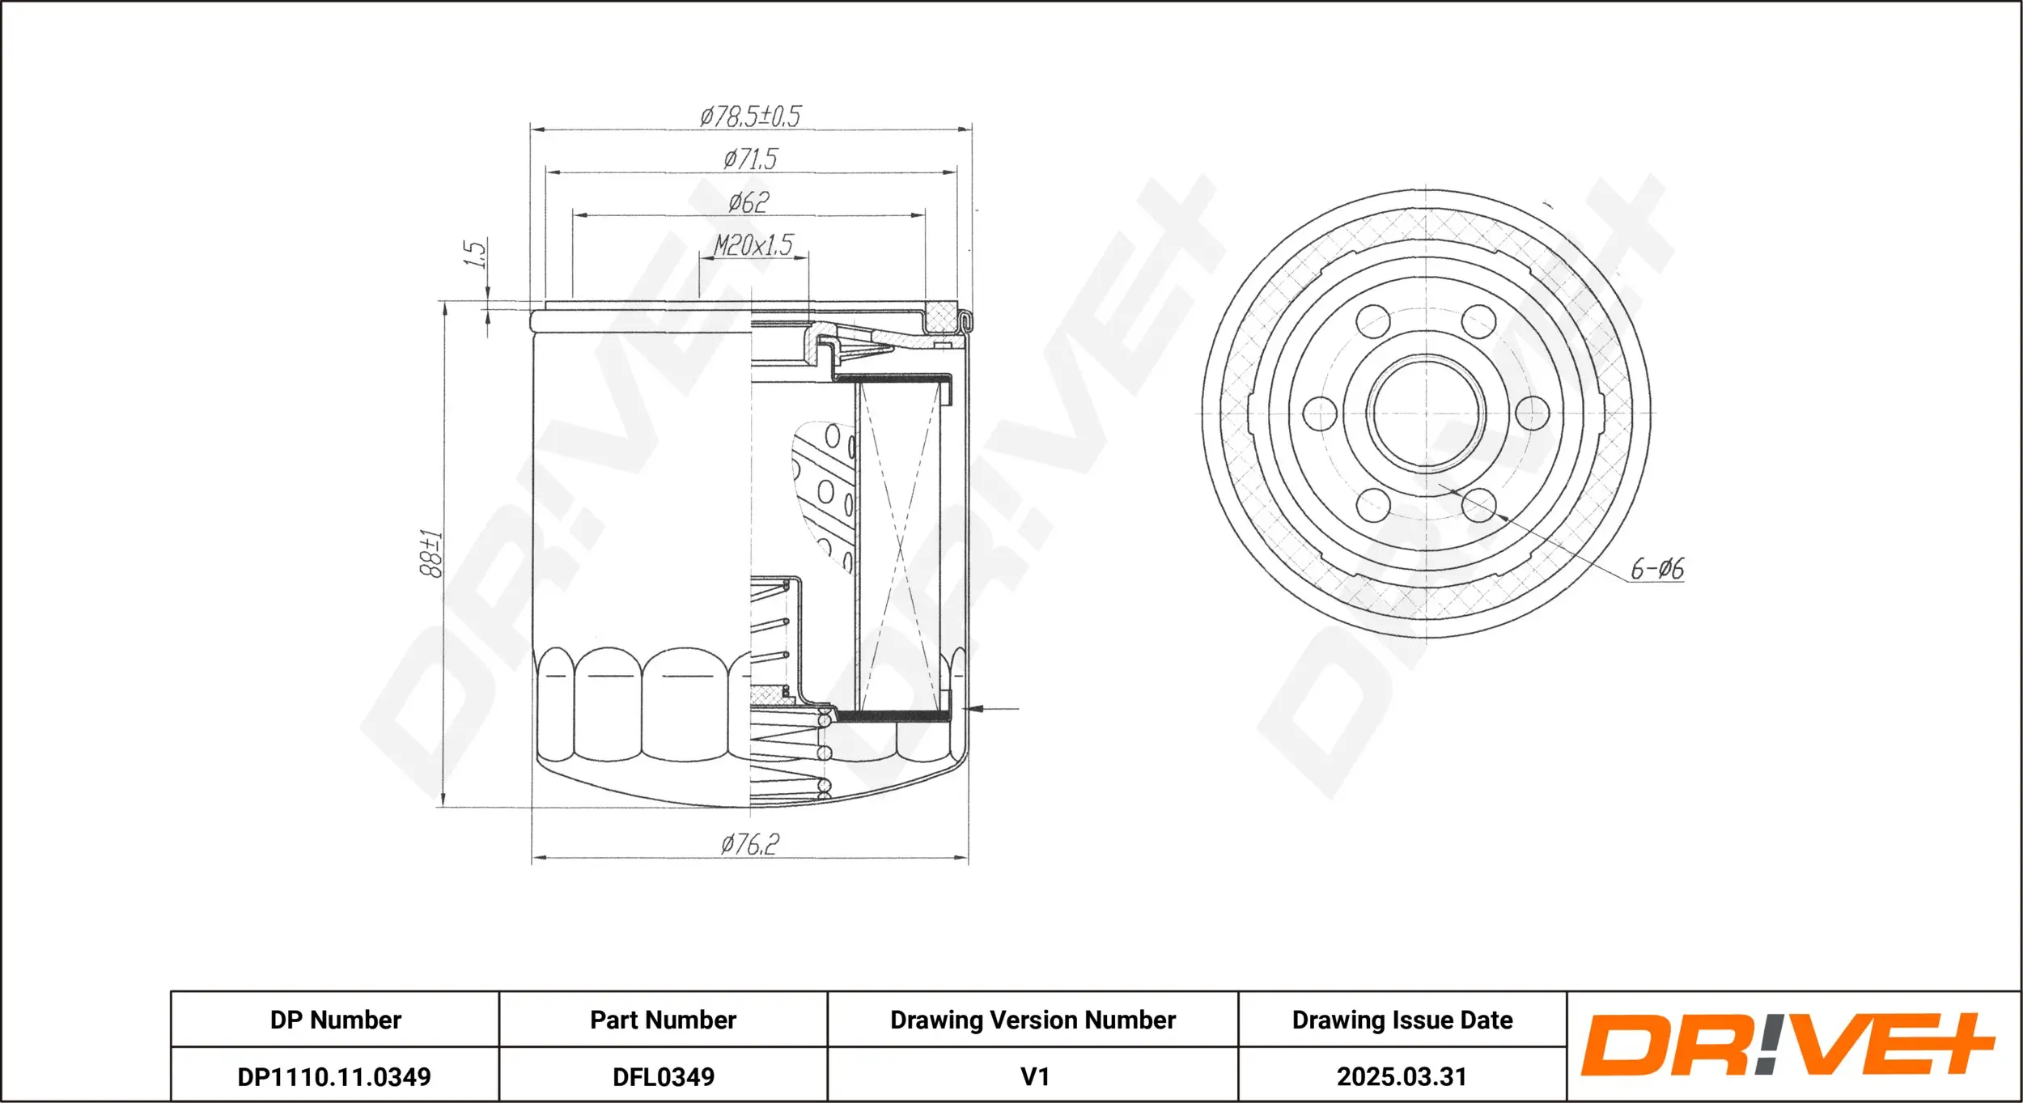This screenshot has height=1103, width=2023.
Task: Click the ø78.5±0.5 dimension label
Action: click(750, 117)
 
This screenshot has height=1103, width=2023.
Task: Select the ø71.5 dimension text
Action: click(750, 159)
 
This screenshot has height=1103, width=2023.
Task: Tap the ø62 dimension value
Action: click(749, 202)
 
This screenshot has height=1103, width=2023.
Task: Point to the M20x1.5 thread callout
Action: click(753, 244)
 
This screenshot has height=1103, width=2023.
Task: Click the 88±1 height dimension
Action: click(431, 554)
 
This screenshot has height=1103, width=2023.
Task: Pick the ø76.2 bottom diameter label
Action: click(749, 845)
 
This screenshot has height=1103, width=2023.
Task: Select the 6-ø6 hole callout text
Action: click(1657, 569)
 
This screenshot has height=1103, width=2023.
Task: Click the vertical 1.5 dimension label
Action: click(475, 253)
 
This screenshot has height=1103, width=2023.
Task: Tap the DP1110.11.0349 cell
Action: click(334, 1076)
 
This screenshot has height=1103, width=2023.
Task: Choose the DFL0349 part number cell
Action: click(664, 1076)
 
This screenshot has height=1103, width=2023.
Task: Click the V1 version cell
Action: click(1034, 1076)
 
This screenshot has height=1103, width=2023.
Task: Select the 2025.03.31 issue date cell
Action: click(1402, 1076)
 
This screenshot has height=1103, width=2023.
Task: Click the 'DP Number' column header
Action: click(335, 1020)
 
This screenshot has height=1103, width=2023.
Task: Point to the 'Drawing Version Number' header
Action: click(1033, 1020)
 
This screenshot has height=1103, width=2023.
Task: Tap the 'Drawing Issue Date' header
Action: click(1402, 1020)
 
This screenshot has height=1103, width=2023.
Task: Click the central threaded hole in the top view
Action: click(1426, 413)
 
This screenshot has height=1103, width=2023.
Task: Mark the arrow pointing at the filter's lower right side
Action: click(992, 709)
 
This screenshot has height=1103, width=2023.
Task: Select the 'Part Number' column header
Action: click(663, 1020)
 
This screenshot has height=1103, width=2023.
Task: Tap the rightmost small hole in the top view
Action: click(1532, 413)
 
